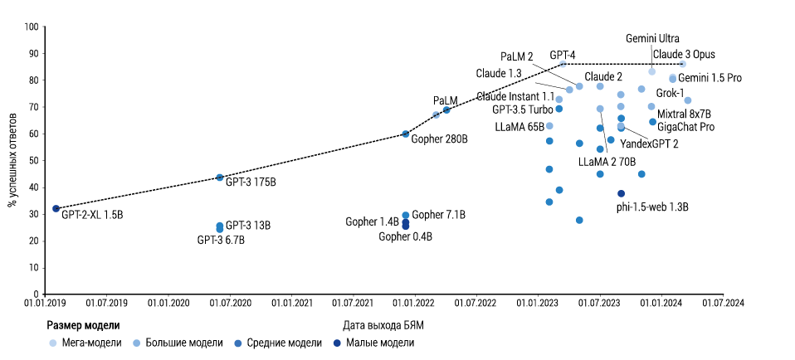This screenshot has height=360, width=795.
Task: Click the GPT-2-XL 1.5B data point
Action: point(56,208)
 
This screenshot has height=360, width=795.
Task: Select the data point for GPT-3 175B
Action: point(220,178)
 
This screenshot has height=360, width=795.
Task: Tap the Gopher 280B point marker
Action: point(406,134)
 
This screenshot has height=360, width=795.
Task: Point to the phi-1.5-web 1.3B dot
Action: point(621,193)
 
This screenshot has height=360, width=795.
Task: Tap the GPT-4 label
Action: point(563,55)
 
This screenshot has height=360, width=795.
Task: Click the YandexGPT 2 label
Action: point(650,144)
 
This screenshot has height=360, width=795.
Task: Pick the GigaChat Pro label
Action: point(685,127)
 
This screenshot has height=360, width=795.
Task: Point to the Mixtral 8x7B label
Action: point(684,113)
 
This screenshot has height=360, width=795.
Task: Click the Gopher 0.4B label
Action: point(405,236)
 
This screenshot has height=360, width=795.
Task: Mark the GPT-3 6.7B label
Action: point(221,241)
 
